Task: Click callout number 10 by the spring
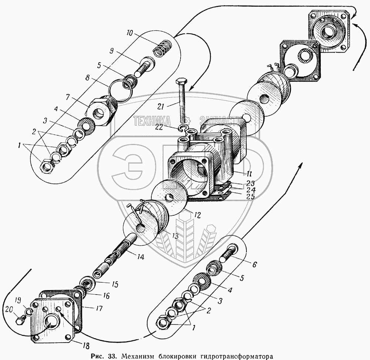[x=129, y=33]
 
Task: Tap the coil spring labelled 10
[x=163, y=48]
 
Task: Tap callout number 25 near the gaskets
[x=250, y=196]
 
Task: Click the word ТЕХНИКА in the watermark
[x=152, y=121]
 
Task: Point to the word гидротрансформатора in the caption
[x=236, y=356]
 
